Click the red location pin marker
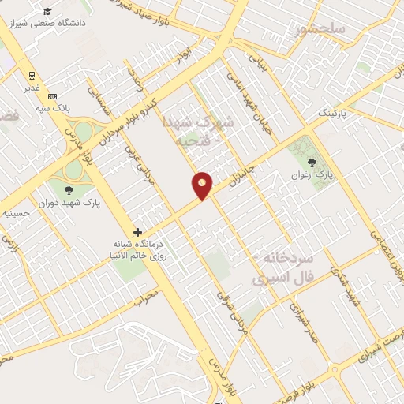[x=203, y=185]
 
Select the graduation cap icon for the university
[x=47, y=11]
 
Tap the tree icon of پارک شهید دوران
[x=68, y=189]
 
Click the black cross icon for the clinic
[x=138, y=232]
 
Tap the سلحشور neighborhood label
[x=323, y=31]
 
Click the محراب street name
[x=146, y=296]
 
